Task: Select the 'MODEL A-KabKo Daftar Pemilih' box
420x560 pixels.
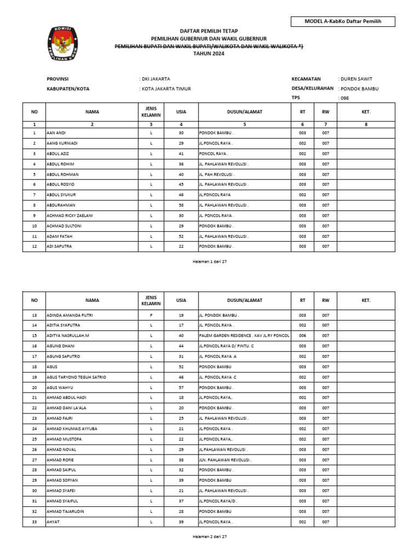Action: pyautogui.click(x=343, y=21)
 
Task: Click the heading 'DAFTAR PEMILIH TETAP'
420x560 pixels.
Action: pyautogui.click(x=209, y=31)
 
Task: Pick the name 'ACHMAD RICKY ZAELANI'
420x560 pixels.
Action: pyautogui.click(x=69, y=215)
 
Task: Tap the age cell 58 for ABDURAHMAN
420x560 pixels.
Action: pyautogui.click(x=181, y=205)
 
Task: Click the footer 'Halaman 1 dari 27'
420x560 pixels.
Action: pyautogui.click(x=209, y=261)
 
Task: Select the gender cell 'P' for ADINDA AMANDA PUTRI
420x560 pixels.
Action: pyautogui.click(x=151, y=316)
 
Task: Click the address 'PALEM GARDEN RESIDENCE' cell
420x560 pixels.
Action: pyautogui.click(x=244, y=336)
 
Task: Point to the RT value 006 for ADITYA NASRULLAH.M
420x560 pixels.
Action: pyautogui.click(x=302, y=336)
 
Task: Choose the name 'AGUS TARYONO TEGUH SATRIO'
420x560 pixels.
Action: pyautogui.click(x=76, y=377)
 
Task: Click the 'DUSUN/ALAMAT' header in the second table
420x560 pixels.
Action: pyautogui.click(x=244, y=300)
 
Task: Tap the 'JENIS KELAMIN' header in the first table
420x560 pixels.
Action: pyautogui.click(x=151, y=112)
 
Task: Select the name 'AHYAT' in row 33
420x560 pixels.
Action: pyautogui.click(x=53, y=522)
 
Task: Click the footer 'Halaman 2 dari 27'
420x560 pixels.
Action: pyautogui.click(x=209, y=536)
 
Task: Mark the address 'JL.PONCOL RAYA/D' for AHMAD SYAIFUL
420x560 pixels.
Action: pyautogui.click(x=219, y=501)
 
